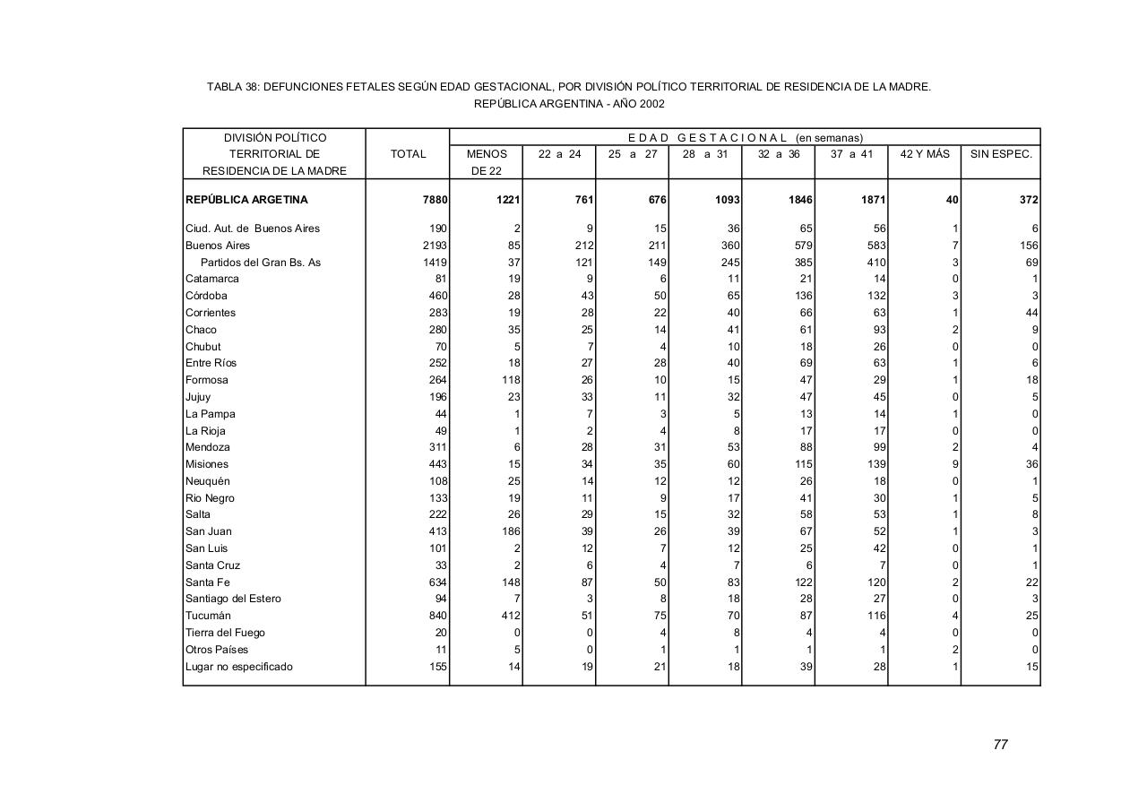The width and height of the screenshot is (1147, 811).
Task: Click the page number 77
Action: point(1001,745)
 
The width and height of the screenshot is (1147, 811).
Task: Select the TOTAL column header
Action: point(408,154)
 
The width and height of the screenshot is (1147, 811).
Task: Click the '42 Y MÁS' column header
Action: point(925,154)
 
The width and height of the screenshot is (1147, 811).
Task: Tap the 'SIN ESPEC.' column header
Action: point(1001,154)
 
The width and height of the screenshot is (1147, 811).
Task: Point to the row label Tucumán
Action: point(208,616)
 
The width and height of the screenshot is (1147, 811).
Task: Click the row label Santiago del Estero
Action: point(233,599)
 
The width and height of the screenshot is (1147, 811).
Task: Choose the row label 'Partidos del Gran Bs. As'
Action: point(260,263)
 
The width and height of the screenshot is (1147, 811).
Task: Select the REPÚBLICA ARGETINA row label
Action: point(246,200)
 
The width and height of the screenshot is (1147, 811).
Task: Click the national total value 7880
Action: point(435,200)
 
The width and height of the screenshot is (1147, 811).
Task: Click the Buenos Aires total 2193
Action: point(435,246)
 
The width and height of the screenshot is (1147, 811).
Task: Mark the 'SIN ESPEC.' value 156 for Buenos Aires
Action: point(1028,246)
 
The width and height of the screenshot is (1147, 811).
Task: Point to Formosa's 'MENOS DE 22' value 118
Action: point(511,380)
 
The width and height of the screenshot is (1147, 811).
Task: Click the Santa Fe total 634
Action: point(437,582)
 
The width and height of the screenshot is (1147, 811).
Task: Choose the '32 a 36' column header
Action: point(779,154)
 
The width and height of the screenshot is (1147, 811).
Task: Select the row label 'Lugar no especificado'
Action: point(239,667)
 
